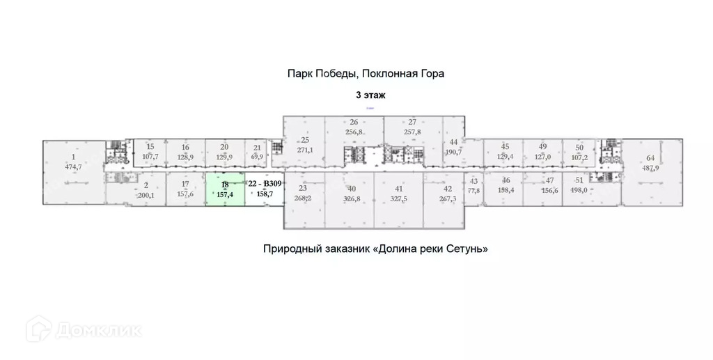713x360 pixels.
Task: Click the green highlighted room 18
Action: (x=224, y=189)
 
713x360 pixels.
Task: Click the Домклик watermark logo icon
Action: (x=38, y=329)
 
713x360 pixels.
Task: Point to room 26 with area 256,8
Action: (x=354, y=127)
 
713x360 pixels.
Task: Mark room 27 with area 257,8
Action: (x=412, y=127)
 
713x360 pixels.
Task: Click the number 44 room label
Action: (x=453, y=142)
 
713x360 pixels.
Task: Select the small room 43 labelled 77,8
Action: (x=473, y=185)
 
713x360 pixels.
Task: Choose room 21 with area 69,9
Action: (x=257, y=152)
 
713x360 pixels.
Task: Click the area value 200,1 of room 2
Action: (x=146, y=196)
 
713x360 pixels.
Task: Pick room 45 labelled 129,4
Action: (x=506, y=151)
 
